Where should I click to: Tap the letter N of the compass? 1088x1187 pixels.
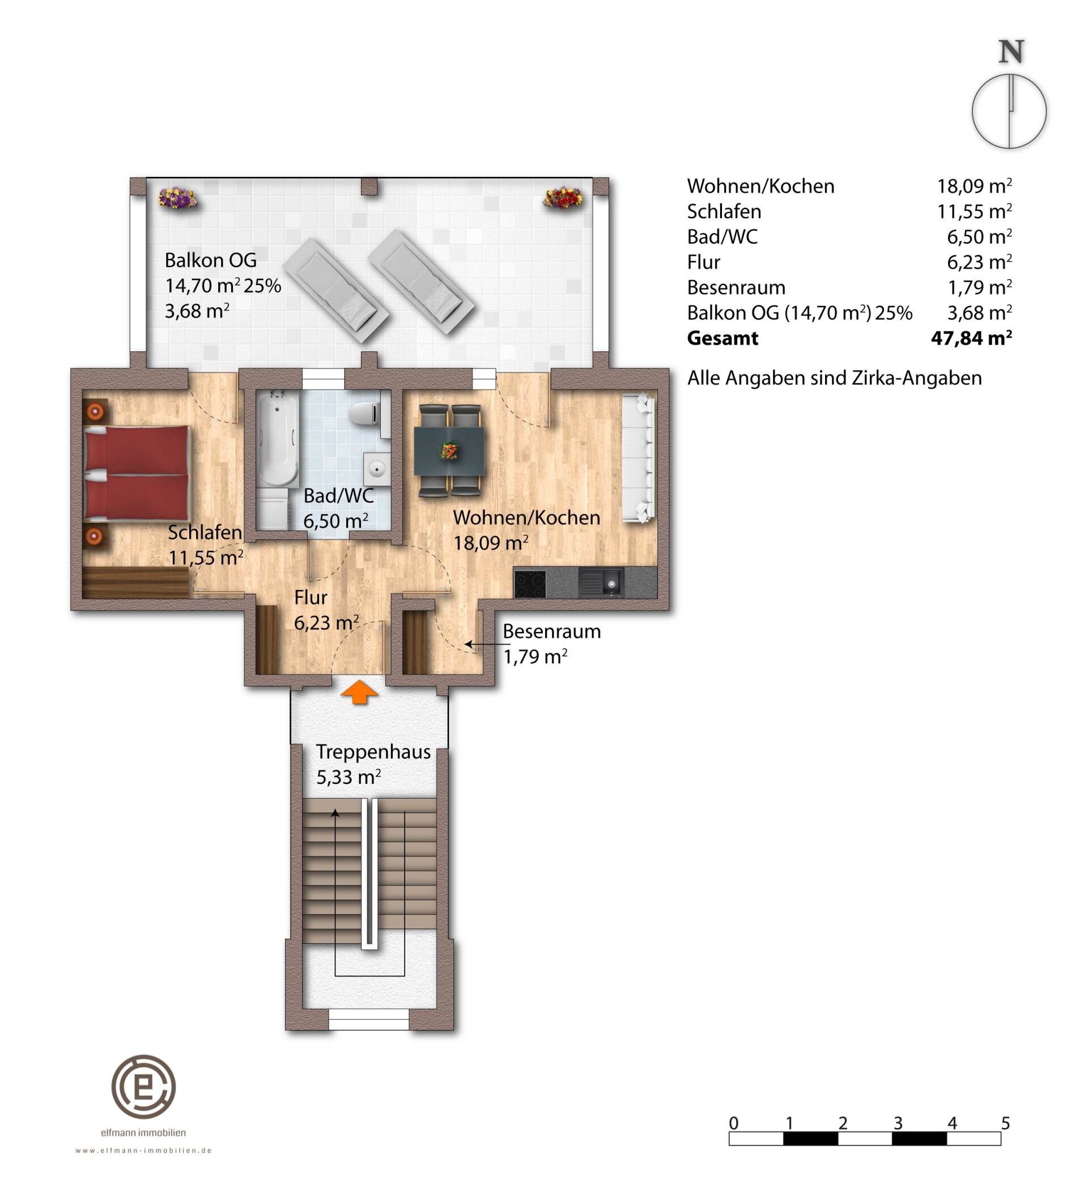click(1011, 52)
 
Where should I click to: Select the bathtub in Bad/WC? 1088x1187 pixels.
click(277, 438)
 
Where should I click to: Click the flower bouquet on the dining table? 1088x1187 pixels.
click(450, 451)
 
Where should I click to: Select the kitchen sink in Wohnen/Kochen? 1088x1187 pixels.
click(601, 583)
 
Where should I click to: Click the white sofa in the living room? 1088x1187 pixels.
click(639, 457)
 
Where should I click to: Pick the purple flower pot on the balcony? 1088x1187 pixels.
click(177, 197)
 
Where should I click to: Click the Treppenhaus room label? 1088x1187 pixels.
click(373, 752)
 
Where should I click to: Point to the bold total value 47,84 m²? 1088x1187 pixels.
click(971, 338)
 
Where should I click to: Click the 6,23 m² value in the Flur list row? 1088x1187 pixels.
click(980, 262)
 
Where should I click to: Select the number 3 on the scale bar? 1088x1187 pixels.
click(897, 1123)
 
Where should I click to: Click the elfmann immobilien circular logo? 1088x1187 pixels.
click(144, 1086)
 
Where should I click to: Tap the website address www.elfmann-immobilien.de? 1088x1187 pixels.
click(144, 1150)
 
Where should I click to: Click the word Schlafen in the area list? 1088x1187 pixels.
click(724, 211)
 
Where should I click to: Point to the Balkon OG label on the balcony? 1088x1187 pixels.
click(211, 260)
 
